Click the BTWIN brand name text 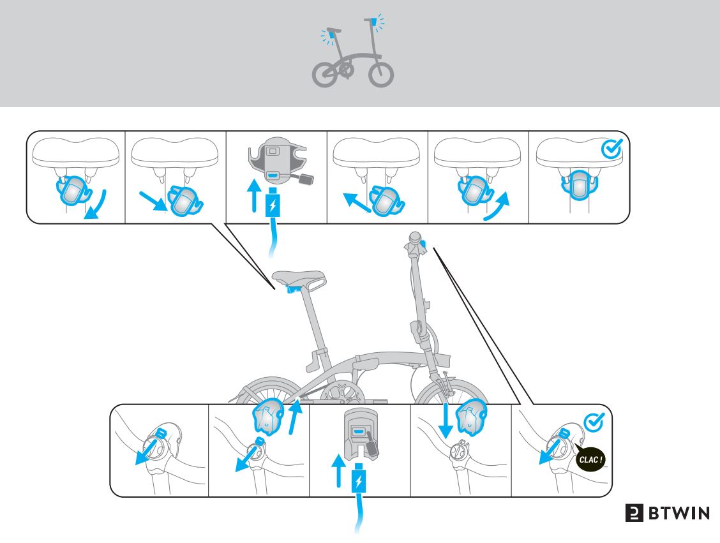click(x=679, y=513)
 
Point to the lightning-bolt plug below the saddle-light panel click(x=273, y=205)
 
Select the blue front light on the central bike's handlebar click(x=424, y=248)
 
